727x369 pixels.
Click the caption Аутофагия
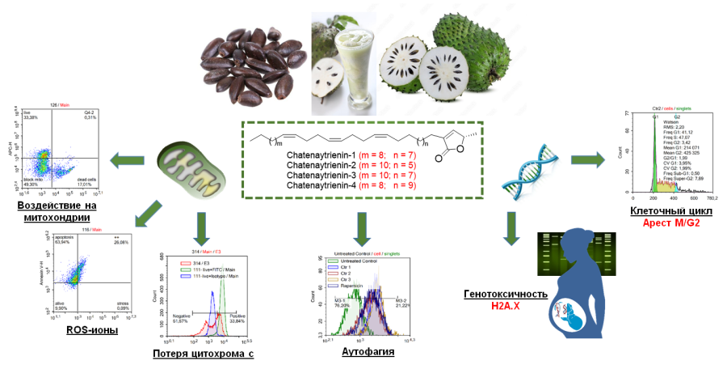coord(363,353)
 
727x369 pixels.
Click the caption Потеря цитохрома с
coord(203,353)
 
